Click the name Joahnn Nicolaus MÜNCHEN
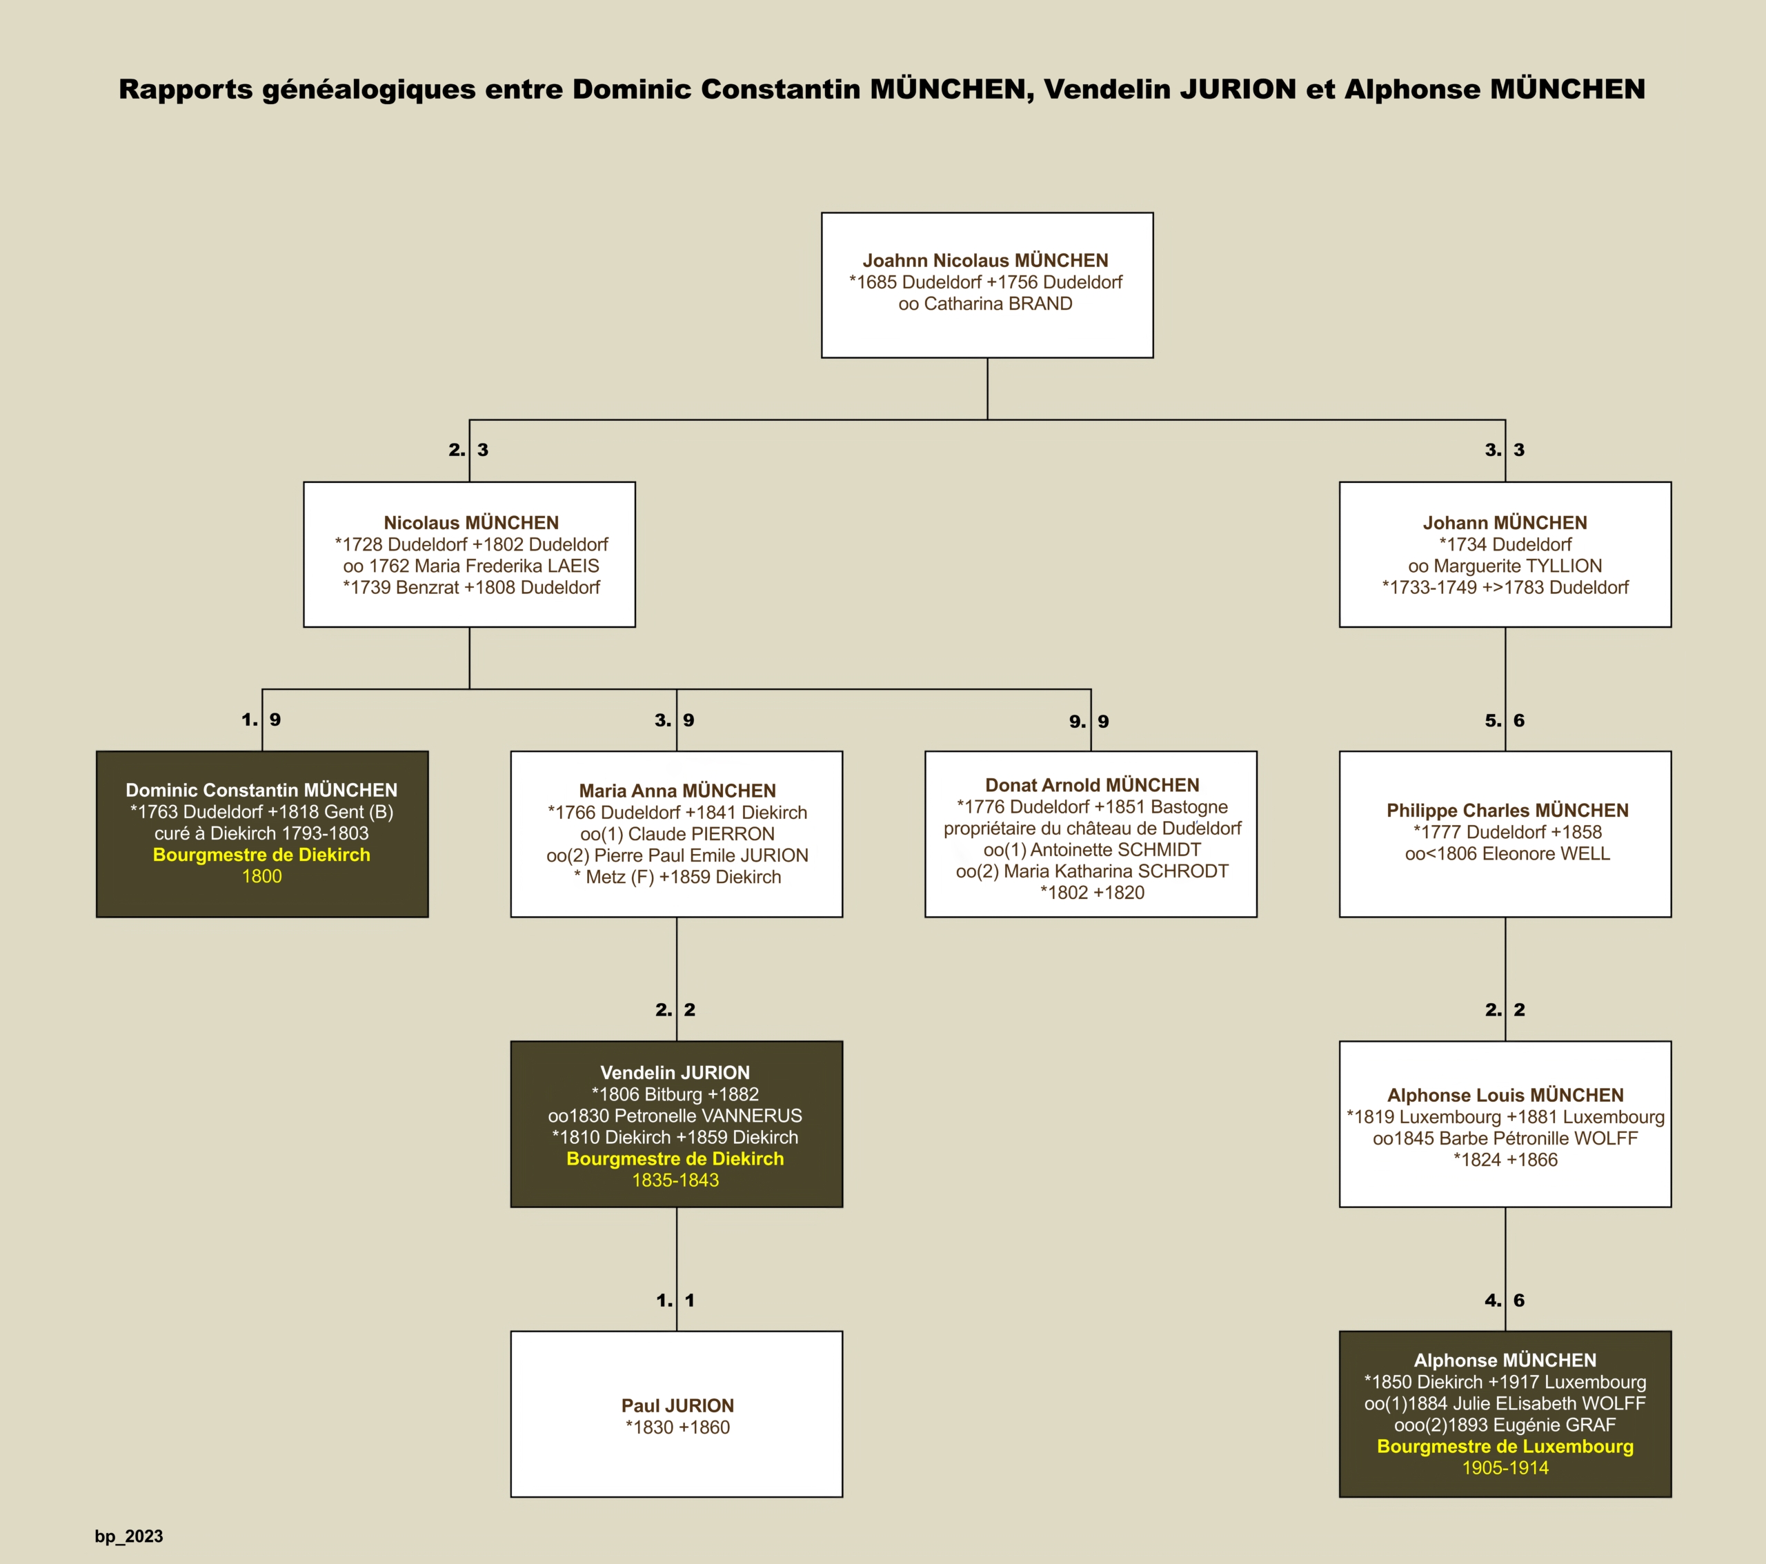coord(985,260)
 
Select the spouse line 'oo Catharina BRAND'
coord(985,304)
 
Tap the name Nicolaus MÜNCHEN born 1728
coord(471,523)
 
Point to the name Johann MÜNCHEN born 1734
coord(1505,523)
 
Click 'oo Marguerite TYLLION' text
coord(1505,566)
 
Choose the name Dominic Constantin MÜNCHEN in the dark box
coord(261,790)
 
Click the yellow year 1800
coord(261,876)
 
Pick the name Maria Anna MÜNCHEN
coord(677,791)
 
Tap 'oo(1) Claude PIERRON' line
coord(677,834)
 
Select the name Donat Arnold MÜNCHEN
coord(1092,784)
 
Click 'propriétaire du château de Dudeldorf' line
coord(1092,828)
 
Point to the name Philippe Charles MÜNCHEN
coord(1508,811)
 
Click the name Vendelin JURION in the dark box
coord(675,1072)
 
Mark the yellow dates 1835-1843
coord(675,1180)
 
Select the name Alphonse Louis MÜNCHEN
coord(1506,1095)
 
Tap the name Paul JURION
coord(677,1406)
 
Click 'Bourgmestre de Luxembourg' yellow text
coord(1505,1447)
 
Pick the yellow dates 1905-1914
coord(1505,1468)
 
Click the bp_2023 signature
coord(129,1536)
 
